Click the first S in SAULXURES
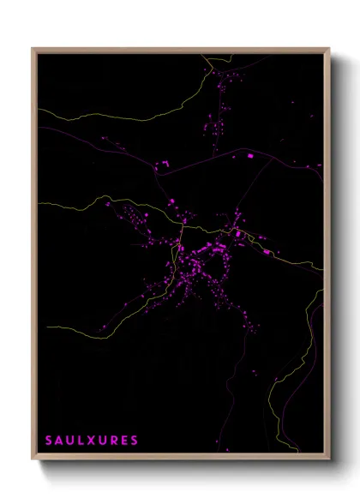coord(49,441)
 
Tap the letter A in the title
coord(59,441)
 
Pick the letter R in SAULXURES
coord(114,441)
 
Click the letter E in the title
coord(124,441)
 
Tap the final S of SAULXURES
coord(134,441)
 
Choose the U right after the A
coord(70,441)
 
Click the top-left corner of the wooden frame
coord(33,48)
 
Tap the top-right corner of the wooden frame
coord(329,48)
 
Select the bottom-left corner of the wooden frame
coord(33,459)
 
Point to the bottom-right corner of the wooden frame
coord(329,459)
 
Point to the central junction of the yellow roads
coord(183,227)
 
